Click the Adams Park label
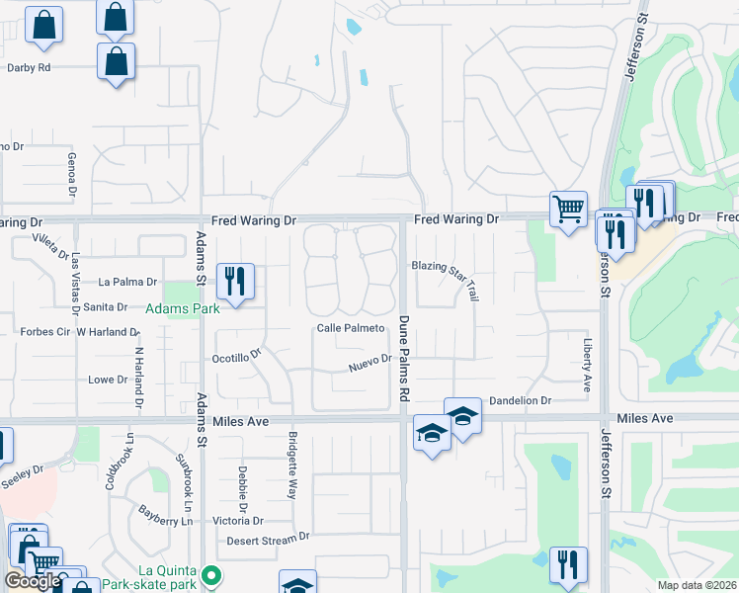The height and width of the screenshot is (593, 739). click(183, 309)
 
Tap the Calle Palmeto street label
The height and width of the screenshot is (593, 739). click(350, 328)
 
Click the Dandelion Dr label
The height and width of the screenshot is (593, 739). click(520, 401)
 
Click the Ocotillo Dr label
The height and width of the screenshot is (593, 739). click(236, 356)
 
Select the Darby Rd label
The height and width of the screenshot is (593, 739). click(29, 68)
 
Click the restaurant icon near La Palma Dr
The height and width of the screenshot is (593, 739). click(234, 281)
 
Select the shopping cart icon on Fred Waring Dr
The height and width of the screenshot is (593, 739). click(568, 209)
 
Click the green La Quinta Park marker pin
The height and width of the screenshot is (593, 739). click(209, 574)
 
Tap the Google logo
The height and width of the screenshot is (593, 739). click(33, 581)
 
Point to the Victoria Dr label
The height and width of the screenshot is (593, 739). click(238, 521)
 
